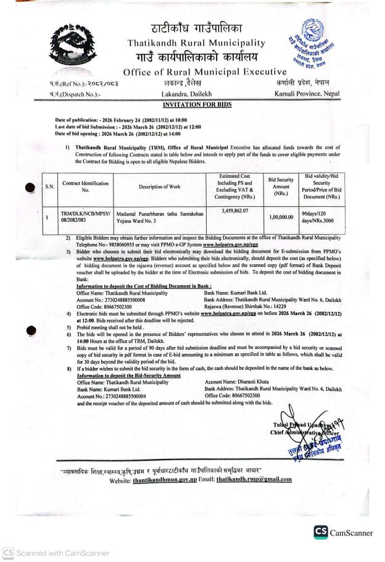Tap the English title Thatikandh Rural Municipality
coord(192,43)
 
